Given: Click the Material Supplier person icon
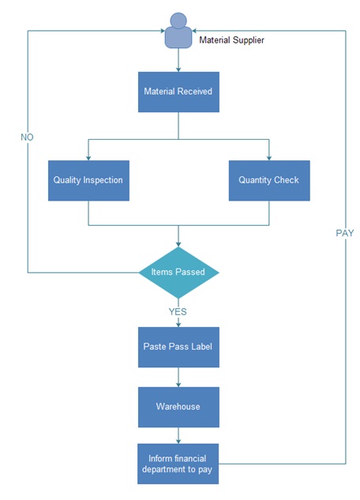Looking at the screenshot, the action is click(x=178, y=31).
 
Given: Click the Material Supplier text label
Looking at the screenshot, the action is click(x=231, y=40).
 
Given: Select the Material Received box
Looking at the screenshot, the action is click(x=178, y=92).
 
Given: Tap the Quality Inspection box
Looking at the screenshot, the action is click(x=88, y=180).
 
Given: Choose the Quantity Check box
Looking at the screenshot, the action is click(x=269, y=180).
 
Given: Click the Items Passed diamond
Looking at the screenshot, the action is click(x=178, y=273).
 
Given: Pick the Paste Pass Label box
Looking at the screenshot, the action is click(x=178, y=347).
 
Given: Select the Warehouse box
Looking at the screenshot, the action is click(x=178, y=407).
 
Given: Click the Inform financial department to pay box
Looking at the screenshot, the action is click(x=178, y=464).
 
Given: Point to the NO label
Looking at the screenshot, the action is click(x=27, y=137).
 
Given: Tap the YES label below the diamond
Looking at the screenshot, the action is click(x=178, y=311).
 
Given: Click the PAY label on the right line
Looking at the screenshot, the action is click(x=345, y=233).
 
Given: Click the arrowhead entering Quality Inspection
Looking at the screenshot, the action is click(x=88, y=158).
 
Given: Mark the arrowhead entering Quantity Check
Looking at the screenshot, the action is click(x=269, y=158).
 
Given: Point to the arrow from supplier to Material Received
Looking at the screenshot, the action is click(x=178, y=60).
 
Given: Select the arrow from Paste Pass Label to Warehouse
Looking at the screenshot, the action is click(x=178, y=378).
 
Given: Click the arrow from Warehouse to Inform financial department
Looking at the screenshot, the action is click(x=178, y=435).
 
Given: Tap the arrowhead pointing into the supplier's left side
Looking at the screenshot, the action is click(x=163, y=31).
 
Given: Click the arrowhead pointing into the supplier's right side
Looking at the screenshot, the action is click(x=194, y=31).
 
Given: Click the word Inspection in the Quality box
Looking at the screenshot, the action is click(x=103, y=180).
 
